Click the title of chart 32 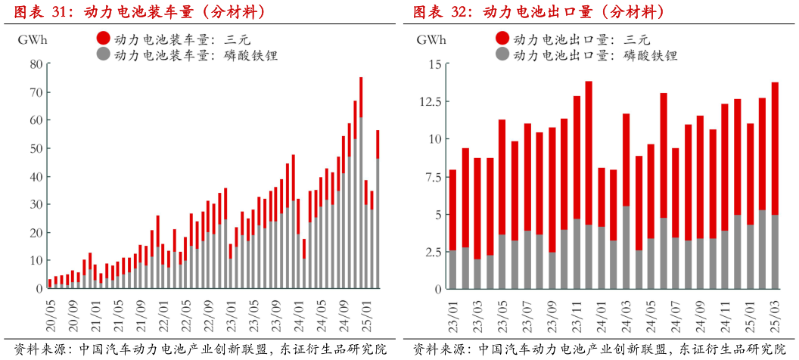[x=538, y=12]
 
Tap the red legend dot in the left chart [x=102, y=38]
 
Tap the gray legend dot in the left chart [x=102, y=54]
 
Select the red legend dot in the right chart [x=501, y=39]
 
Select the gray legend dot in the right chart [x=501, y=54]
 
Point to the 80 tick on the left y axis [x=36, y=64]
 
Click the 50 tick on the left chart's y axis [x=36, y=148]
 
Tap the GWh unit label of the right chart [x=431, y=40]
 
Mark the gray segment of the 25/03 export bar [x=775, y=252]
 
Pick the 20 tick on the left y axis [x=36, y=232]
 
